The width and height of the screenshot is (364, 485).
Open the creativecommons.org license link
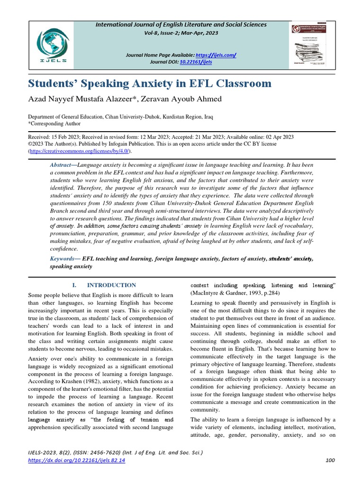coord(80,151)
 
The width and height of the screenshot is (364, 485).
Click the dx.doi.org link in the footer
coord(77,460)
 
